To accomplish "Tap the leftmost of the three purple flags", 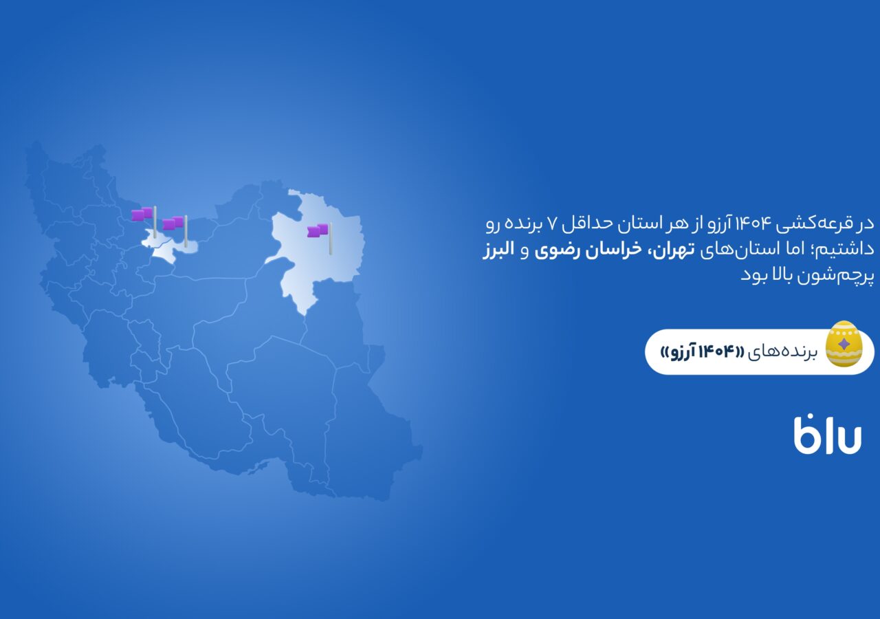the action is (144, 221).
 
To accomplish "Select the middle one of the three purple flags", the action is (175, 231).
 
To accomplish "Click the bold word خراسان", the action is (614, 250).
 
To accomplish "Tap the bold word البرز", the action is (498, 250).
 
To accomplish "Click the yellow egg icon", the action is (844, 344).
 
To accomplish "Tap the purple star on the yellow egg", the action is (844, 345).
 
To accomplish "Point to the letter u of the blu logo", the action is (849, 439).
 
